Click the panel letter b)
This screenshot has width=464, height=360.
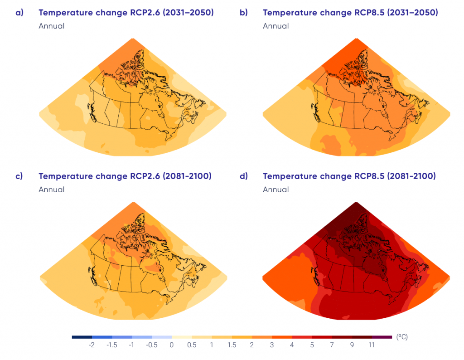[243, 13]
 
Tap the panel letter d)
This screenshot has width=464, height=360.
[243, 176]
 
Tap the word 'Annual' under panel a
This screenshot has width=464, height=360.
[51, 26]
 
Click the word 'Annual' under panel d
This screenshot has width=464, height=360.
[275, 190]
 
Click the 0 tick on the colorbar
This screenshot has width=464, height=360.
[172, 345]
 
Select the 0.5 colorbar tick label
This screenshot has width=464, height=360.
[192, 345]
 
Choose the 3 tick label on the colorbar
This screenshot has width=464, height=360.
[272, 345]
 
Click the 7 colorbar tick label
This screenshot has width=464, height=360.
[332, 345]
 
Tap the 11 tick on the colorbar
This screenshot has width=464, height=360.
[372, 345]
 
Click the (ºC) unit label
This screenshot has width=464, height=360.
[402, 337]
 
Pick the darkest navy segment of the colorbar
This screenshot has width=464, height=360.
[82, 337]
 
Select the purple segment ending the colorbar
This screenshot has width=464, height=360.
[382, 337]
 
